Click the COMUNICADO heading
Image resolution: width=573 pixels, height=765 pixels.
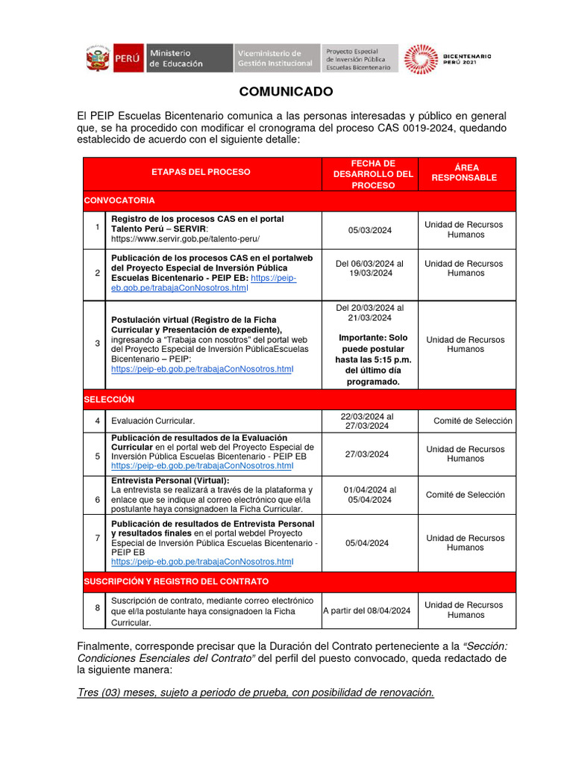(286, 92)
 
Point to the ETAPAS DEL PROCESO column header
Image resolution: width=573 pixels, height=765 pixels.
(201, 172)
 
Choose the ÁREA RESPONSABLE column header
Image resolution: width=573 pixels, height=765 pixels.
(464, 173)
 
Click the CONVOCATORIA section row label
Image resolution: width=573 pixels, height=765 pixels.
(119, 200)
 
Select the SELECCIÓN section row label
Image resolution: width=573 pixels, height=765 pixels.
(109, 400)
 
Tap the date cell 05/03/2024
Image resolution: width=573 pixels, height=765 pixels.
(369, 230)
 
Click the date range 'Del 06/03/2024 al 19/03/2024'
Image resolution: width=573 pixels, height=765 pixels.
(369, 268)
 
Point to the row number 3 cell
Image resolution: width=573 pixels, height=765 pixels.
(97, 344)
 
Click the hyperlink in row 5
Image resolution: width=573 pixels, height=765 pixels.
(201, 466)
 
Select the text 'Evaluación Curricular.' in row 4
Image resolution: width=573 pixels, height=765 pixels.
(153, 421)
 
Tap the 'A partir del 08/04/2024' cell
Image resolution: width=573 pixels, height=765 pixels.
(367, 610)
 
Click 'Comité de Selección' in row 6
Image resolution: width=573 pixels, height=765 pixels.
(465, 495)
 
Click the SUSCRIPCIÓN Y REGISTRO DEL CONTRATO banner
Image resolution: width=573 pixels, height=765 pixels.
(176, 581)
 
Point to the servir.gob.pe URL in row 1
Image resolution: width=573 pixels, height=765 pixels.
(185, 238)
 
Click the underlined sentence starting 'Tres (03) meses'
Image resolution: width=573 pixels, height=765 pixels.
(256, 693)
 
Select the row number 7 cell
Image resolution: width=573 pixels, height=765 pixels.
(97, 538)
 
